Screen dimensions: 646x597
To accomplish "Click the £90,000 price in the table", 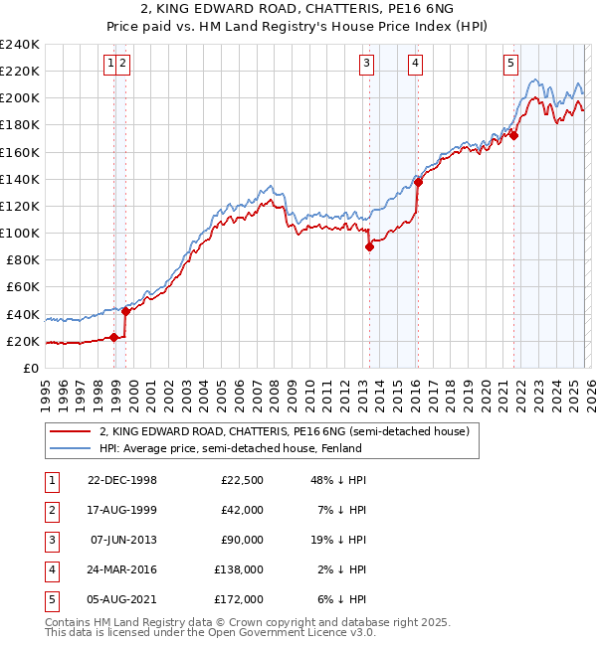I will click(243, 540).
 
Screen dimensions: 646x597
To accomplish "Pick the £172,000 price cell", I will click(239, 599).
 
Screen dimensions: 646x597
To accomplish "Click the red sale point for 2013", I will click(369, 246).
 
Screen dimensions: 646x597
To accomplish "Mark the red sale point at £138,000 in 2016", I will click(419, 182).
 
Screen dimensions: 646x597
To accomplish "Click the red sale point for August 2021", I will click(513, 136).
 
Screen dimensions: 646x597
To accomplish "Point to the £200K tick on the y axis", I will click(20, 98).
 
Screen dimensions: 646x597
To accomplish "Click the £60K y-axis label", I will click(23, 287).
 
